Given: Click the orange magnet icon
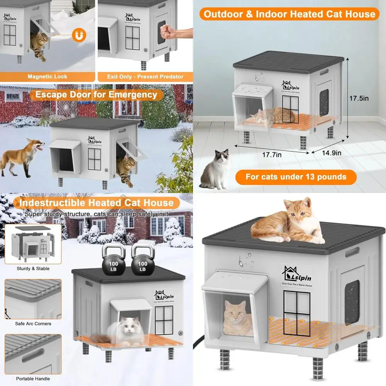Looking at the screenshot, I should tap(80, 36).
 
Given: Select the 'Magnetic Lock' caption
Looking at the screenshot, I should tap(47, 76).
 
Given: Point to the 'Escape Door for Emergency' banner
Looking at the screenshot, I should tap(96, 95).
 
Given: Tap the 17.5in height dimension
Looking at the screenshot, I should tap(359, 98).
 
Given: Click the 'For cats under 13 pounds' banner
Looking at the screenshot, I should tap(296, 177).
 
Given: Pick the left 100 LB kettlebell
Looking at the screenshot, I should tap(113, 261).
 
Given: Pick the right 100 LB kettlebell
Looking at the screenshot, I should tap(143, 261).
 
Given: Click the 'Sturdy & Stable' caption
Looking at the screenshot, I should tap(33, 268).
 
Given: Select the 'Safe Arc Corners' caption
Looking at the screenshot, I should tap(33, 323).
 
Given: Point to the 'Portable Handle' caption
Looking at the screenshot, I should tap(33, 379).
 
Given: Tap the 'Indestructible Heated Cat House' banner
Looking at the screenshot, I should tap(96, 203).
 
